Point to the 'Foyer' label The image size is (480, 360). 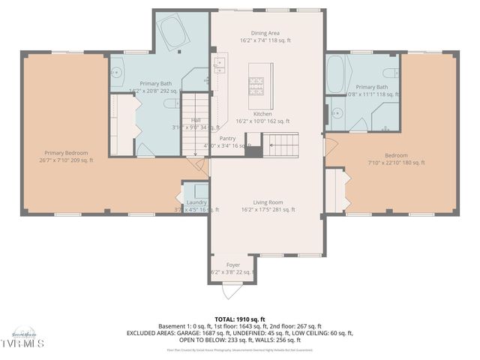click(233, 265)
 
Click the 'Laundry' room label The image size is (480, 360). click(196, 202)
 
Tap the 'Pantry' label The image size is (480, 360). click(228, 138)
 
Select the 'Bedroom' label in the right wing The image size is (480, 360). click(396, 155)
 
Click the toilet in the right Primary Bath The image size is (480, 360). click(390, 73)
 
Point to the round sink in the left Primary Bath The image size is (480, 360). click(117, 73)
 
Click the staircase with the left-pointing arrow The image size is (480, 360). click(281, 142)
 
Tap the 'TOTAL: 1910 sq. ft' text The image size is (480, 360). click(240, 319)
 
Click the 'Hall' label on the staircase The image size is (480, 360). click(196, 120)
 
